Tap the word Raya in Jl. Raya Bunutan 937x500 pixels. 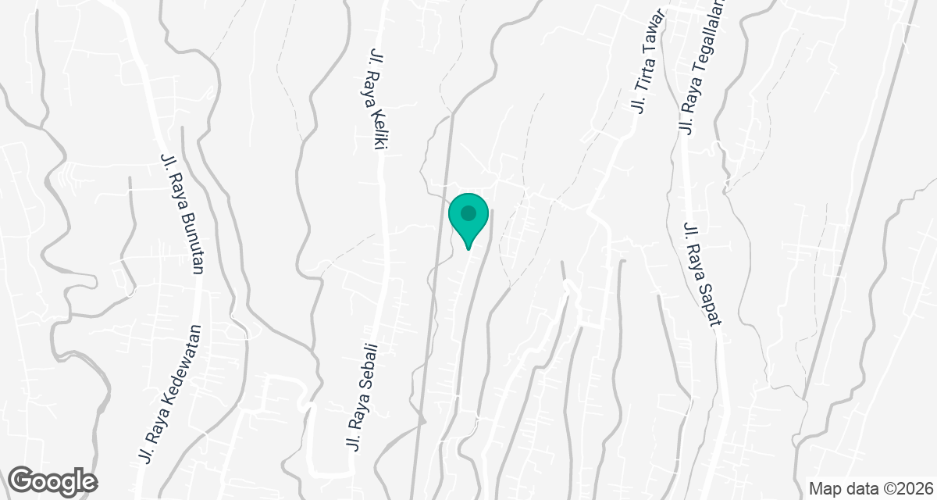coord(174,194)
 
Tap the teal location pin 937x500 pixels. coord(468,218)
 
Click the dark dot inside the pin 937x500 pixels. coord(468,212)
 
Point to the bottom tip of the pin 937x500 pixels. coord(468,248)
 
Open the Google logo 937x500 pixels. coord(53,480)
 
